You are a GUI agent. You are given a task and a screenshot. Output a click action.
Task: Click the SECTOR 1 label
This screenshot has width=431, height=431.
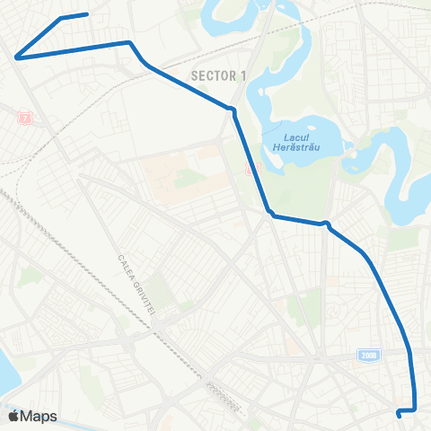pos(218,76)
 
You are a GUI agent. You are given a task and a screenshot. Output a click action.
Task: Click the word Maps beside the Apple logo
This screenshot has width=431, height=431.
pos(40,416)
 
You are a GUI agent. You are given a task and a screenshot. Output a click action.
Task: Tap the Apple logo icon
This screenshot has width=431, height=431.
pos(13,416)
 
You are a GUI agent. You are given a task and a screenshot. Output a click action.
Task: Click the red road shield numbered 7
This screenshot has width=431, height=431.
pos(24,119)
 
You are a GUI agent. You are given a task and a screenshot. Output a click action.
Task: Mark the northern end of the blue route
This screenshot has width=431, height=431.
pos(86,14)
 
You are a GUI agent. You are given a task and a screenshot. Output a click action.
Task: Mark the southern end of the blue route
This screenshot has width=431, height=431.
pos(398,413)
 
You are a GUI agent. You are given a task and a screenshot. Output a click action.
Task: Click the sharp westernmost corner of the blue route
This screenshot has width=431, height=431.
pos(17,57)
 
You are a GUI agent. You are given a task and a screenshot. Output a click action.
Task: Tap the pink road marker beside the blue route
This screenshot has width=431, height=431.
pos(251,168)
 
